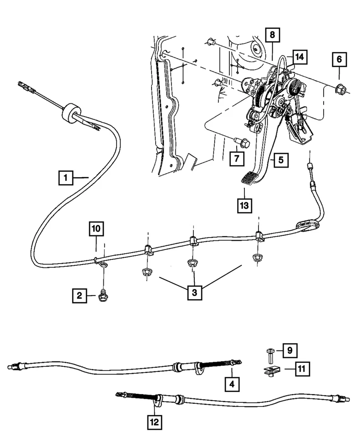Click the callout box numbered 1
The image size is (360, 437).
click(x=66, y=177)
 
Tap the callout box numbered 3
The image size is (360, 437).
click(x=194, y=292)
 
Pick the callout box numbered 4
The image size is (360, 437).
click(x=232, y=384)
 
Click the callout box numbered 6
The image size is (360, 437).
click(x=339, y=59)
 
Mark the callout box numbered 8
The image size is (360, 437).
click(x=272, y=34)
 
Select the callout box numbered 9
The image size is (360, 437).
click(x=289, y=351)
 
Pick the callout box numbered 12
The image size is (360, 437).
click(x=155, y=422)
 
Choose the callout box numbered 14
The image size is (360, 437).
click(x=299, y=57)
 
